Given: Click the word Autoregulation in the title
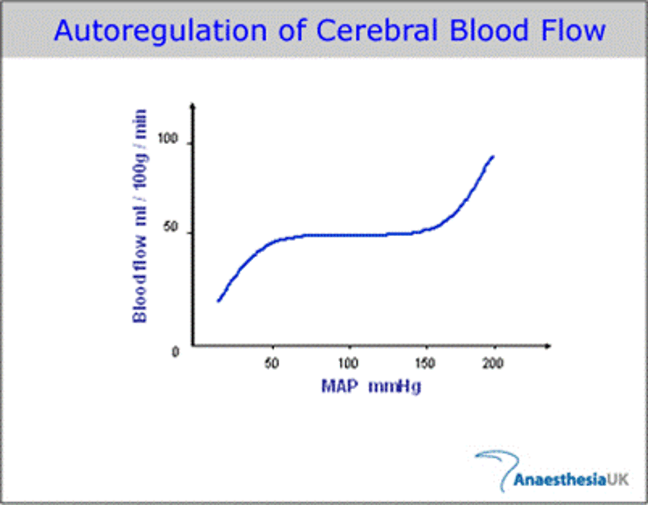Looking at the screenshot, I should point(161,32).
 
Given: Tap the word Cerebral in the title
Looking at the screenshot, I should point(377,31).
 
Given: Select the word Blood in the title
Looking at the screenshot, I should point(489,31).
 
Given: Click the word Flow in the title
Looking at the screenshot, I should point(573,31).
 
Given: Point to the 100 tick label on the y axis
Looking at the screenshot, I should point(168,138).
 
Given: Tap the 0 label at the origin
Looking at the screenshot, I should point(175,352).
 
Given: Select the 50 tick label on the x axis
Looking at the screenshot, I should point(272,363).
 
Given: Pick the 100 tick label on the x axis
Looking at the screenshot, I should point(348,363).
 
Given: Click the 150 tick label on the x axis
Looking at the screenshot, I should point(425,363).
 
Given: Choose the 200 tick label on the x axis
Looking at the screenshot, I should point(493,363).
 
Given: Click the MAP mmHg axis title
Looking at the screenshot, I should point(371,387).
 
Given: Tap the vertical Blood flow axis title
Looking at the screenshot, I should point(140,216).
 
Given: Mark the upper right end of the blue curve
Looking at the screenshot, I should point(493,157).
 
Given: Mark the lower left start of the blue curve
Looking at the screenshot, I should point(219,300).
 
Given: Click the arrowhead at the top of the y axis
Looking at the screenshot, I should point(193,106).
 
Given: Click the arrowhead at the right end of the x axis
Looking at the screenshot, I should point(548,346).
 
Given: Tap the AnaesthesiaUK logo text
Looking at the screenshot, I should point(571,479).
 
